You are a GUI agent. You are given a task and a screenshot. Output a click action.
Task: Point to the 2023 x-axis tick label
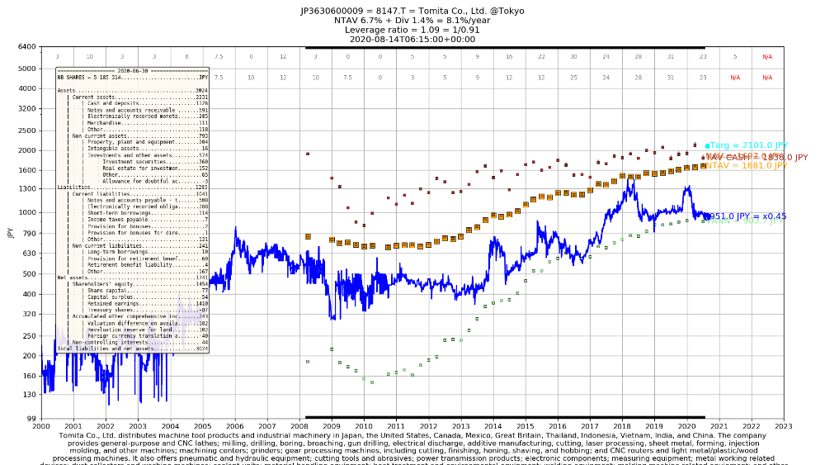coord(783,425)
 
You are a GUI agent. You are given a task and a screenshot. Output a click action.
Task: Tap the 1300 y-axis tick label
coord(28,189)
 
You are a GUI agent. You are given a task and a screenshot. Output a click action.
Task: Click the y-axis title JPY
coord(10,233)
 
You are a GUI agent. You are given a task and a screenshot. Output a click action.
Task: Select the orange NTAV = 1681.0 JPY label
coord(744,165)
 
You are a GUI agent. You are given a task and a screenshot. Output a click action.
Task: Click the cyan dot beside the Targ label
coord(707,145)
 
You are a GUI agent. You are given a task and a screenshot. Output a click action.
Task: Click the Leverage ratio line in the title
coord(412,30)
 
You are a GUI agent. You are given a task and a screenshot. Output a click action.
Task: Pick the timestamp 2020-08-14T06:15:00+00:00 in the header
coord(412,39)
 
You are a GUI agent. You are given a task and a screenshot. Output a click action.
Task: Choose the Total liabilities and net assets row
coord(132,349)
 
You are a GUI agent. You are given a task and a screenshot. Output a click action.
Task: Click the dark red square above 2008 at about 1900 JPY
coord(308,154)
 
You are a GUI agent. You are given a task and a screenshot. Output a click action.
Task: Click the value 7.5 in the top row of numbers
coord(219,57)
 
